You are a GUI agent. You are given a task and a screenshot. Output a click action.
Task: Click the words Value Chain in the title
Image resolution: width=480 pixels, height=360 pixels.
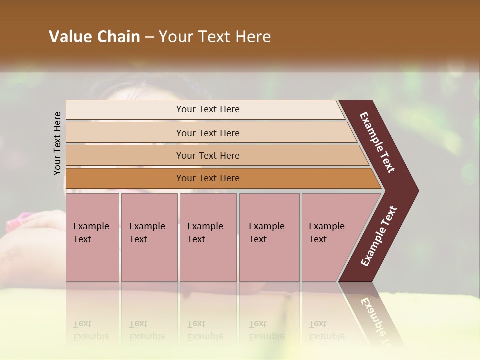pos(94,37)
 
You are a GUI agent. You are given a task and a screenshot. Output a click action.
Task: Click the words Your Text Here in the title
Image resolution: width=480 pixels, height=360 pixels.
pos(215,37)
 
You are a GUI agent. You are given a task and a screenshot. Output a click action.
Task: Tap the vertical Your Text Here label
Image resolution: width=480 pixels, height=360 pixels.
pos(57,143)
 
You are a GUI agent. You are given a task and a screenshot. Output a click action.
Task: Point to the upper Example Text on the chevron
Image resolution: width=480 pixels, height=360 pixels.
pos(377,142)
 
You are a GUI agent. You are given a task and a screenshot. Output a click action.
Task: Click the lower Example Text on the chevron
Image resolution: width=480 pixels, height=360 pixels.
pos(379,236)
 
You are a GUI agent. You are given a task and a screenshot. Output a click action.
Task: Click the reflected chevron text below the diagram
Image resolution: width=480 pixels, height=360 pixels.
pos(375,317)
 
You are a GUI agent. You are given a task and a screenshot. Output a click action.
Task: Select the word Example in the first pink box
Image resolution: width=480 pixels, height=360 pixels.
pos(91,226)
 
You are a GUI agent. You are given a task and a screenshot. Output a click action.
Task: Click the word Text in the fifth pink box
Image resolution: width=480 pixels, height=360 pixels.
pos(317,239)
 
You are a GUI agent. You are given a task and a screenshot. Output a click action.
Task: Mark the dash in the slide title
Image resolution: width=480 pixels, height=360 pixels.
pos(149,37)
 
